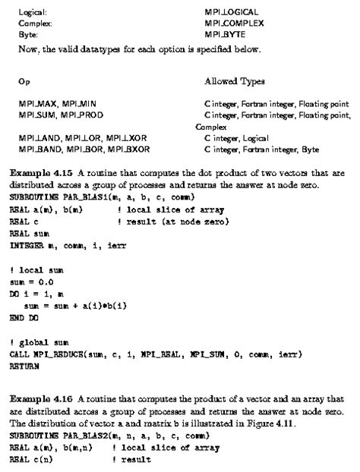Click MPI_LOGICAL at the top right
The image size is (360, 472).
click(x=232, y=12)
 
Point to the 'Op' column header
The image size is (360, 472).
click(x=23, y=80)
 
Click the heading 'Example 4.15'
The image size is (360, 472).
click(x=43, y=174)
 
